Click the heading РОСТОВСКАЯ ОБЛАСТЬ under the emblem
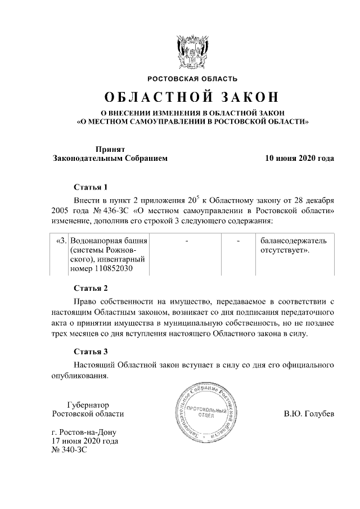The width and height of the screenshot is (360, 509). (x=192, y=79)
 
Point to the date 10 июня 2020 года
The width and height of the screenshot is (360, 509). (x=299, y=159)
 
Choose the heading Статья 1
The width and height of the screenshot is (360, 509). (x=90, y=187)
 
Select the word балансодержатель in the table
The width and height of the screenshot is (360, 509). (x=292, y=241)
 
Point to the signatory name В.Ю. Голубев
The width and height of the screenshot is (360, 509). (x=309, y=415)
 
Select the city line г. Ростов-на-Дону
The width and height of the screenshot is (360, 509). (x=83, y=433)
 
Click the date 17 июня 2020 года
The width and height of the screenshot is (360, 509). (x=84, y=442)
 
